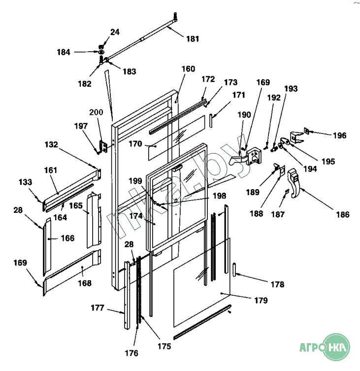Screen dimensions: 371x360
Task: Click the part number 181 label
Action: point(193,38)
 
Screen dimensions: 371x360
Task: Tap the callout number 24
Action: point(115,32)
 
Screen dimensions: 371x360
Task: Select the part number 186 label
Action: point(343,214)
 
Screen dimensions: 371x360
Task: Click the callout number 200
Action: point(96,112)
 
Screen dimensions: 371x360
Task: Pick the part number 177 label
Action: point(98,308)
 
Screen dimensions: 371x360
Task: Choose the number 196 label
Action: point(340,135)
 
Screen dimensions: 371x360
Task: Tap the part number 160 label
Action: point(188,69)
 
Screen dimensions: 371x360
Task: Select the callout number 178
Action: point(278,284)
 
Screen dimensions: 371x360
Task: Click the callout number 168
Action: point(85,283)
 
